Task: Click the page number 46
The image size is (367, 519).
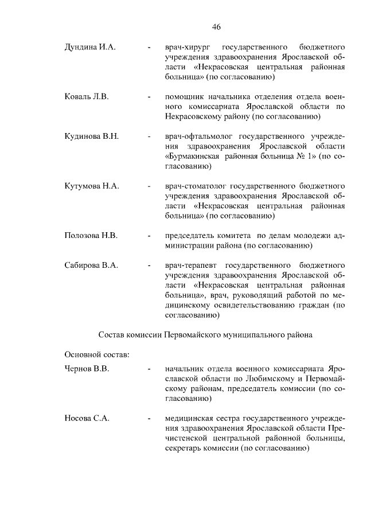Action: click(216, 27)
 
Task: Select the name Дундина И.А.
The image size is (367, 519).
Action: click(91, 46)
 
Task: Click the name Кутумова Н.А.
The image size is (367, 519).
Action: click(92, 186)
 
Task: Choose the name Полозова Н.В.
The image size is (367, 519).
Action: click(91, 236)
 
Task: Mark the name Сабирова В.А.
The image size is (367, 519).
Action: click(91, 265)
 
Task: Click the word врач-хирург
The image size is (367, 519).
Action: click(186, 46)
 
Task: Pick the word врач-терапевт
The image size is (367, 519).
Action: click(189, 265)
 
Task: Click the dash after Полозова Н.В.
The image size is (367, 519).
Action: click(149, 236)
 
